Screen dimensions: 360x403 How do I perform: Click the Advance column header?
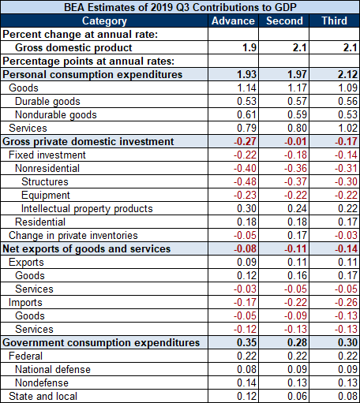(x=233, y=21)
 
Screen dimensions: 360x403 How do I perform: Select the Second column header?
(x=284, y=21)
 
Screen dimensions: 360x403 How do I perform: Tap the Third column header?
(x=335, y=21)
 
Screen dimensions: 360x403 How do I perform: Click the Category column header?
(x=104, y=21)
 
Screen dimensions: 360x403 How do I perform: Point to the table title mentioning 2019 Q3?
(x=180, y=7)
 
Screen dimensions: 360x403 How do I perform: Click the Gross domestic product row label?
(x=73, y=47)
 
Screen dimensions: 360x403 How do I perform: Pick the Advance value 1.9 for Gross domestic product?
(x=249, y=47)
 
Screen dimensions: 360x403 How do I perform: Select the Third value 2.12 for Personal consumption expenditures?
(x=347, y=74)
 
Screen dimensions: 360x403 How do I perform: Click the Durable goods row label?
(x=47, y=102)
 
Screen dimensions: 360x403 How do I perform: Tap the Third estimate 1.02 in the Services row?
(x=347, y=128)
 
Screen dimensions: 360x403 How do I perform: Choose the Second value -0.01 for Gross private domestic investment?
(x=295, y=141)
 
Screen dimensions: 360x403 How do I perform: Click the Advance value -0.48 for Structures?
(x=245, y=181)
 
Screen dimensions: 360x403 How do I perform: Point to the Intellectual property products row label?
(x=87, y=209)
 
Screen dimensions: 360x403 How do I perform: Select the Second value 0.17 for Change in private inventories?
(x=297, y=235)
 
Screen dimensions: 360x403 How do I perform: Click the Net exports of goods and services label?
(x=87, y=249)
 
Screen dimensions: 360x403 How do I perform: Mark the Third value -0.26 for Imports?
(x=346, y=302)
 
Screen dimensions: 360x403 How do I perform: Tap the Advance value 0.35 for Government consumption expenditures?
(x=246, y=342)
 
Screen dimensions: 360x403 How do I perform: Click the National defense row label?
(x=53, y=369)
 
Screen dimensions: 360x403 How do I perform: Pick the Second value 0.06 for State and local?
(x=297, y=396)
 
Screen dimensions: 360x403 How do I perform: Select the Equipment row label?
(x=46, y=196)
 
